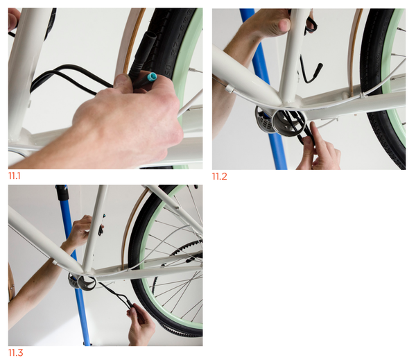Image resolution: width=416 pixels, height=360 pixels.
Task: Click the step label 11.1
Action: click(x=14, y=175)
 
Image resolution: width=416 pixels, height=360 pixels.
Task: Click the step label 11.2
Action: click(x=219, y=176)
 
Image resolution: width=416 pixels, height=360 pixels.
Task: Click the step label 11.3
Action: click(x=16, y=352)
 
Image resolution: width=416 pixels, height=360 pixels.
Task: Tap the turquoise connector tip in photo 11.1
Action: click(x=153, y=77)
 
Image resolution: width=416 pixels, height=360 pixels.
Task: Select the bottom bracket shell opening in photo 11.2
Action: click(x=289, y=123)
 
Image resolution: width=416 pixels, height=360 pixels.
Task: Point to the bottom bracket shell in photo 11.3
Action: click(x=82, y=283)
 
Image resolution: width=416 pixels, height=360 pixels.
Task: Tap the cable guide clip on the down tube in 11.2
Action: click(x=229, y=89)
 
